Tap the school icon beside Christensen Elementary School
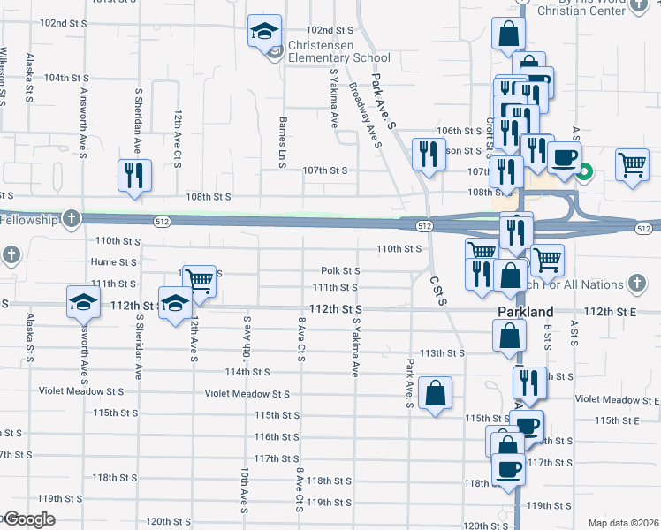click(263, 33)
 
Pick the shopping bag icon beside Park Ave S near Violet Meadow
click(436, 394)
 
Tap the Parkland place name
click(525, 312)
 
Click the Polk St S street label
click(340, 271)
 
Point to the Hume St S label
click(114, 261)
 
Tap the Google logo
click(28, 519)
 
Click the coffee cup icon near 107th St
click(564, 158)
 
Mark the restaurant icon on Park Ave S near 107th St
click(428, 154)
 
